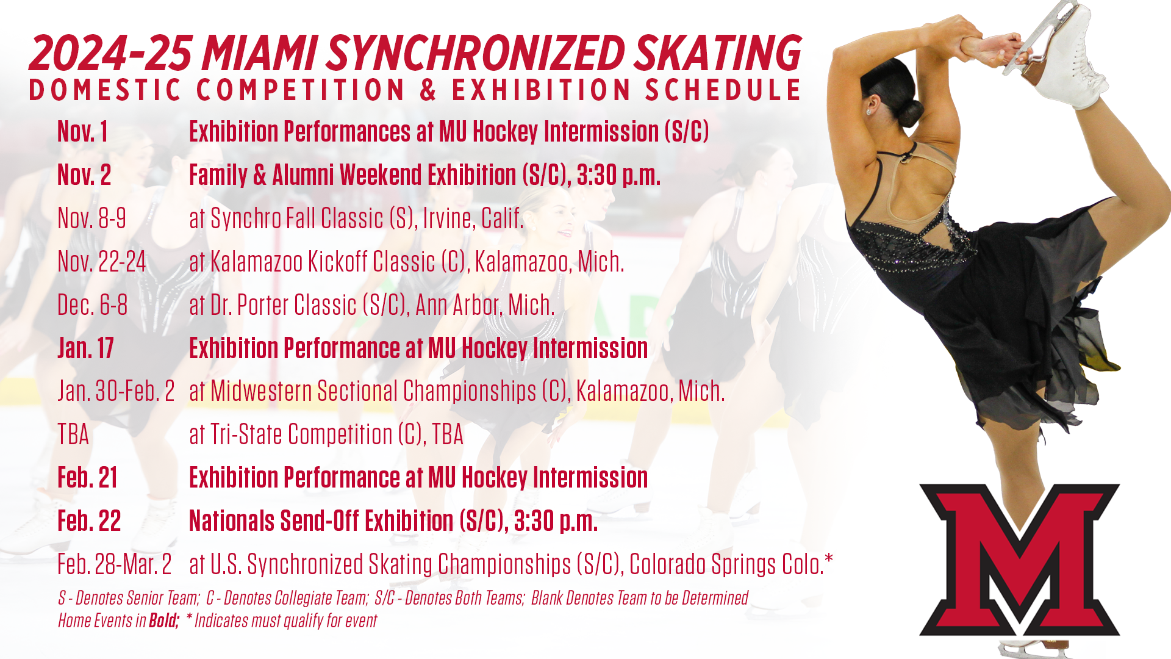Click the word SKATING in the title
717,52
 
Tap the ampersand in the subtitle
428,90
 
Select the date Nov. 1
82,132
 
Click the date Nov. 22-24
101,262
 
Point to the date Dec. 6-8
92,305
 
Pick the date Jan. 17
85,348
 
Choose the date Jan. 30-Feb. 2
116,391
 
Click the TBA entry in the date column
73,435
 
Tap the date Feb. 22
89,521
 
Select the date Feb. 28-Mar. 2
115,564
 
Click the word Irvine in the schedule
448,218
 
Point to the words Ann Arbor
455,305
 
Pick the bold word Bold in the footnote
163,621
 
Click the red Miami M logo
1019,558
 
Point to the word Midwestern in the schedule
261,391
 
